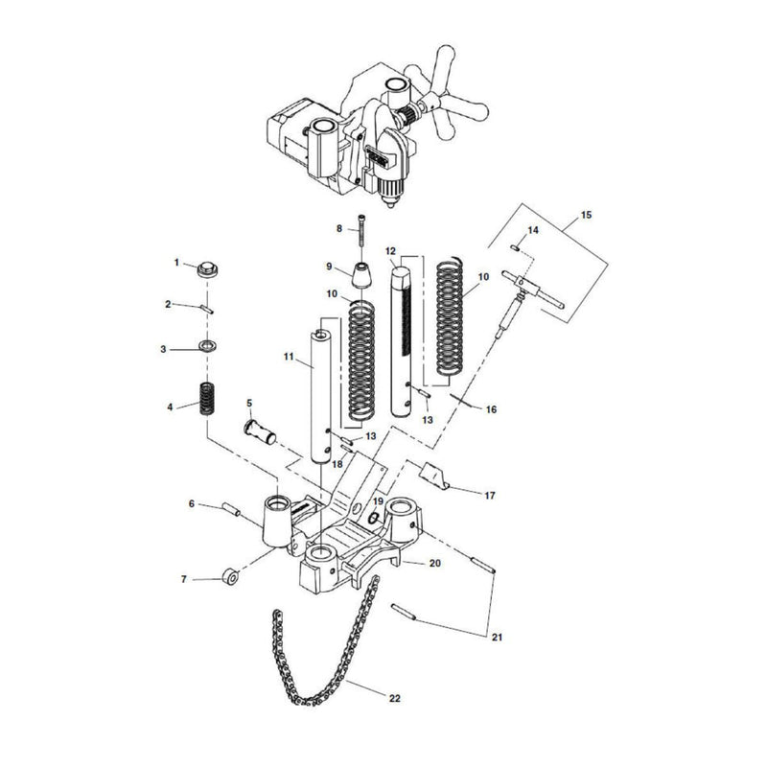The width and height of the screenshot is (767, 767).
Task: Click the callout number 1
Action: pos(176,262)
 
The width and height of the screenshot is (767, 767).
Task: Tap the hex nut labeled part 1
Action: pos(204,270)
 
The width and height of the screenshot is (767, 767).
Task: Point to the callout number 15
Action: pos(587,216)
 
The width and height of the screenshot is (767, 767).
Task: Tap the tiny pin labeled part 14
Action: pos(516,246)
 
